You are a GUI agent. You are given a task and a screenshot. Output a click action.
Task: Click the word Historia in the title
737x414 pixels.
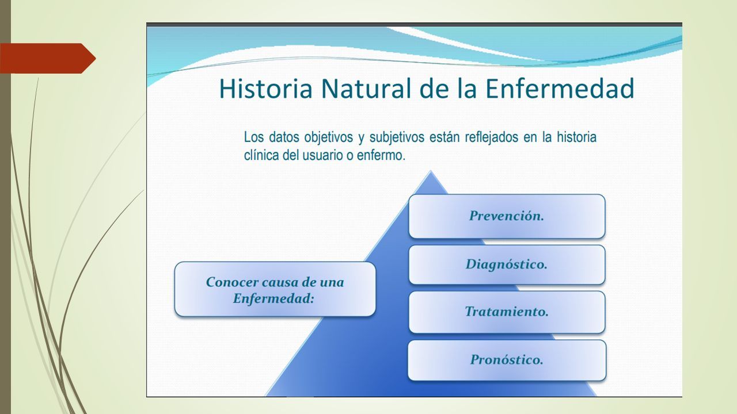pyautogui.click(x=265, y=89)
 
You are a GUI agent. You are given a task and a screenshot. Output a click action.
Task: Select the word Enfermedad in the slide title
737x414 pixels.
pyautogui.click(x=560, y=89)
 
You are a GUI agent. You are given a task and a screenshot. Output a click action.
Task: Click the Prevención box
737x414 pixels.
pyautogui.click(x=507, y=216)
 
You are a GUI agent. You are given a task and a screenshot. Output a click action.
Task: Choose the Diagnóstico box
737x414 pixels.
pyautogui.click(x=507, y=264)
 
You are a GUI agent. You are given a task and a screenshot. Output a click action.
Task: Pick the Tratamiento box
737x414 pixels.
pyautogui.click(x=507, y=312)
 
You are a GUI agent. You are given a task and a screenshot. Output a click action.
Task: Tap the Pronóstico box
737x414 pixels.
pyautogui.click(x=507, y=360)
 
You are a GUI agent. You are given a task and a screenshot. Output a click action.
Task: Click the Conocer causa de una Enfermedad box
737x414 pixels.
pyautogui.click(x=275, y=289)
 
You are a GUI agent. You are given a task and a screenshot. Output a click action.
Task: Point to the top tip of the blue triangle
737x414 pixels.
pyautogui.click(x=431, y=171)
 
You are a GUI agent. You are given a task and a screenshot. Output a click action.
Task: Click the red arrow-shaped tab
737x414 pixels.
pyautogui.click(x=48, y=58)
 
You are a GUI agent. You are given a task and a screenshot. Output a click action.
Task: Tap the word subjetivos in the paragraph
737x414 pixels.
pyautogui.click(x=397, y=137)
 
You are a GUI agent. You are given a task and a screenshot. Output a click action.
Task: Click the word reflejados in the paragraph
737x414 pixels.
pyautogui.click(x=492, y=137)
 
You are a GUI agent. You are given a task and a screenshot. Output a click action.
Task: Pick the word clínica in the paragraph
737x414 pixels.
pyautogui.click(x=261, y=155)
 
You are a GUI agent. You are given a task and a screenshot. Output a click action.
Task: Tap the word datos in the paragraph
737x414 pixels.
pyautogui.click(x=284, y=137)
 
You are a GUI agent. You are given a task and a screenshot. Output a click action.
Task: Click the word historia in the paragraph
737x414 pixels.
pyautogui.click(x=576, y=137)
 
